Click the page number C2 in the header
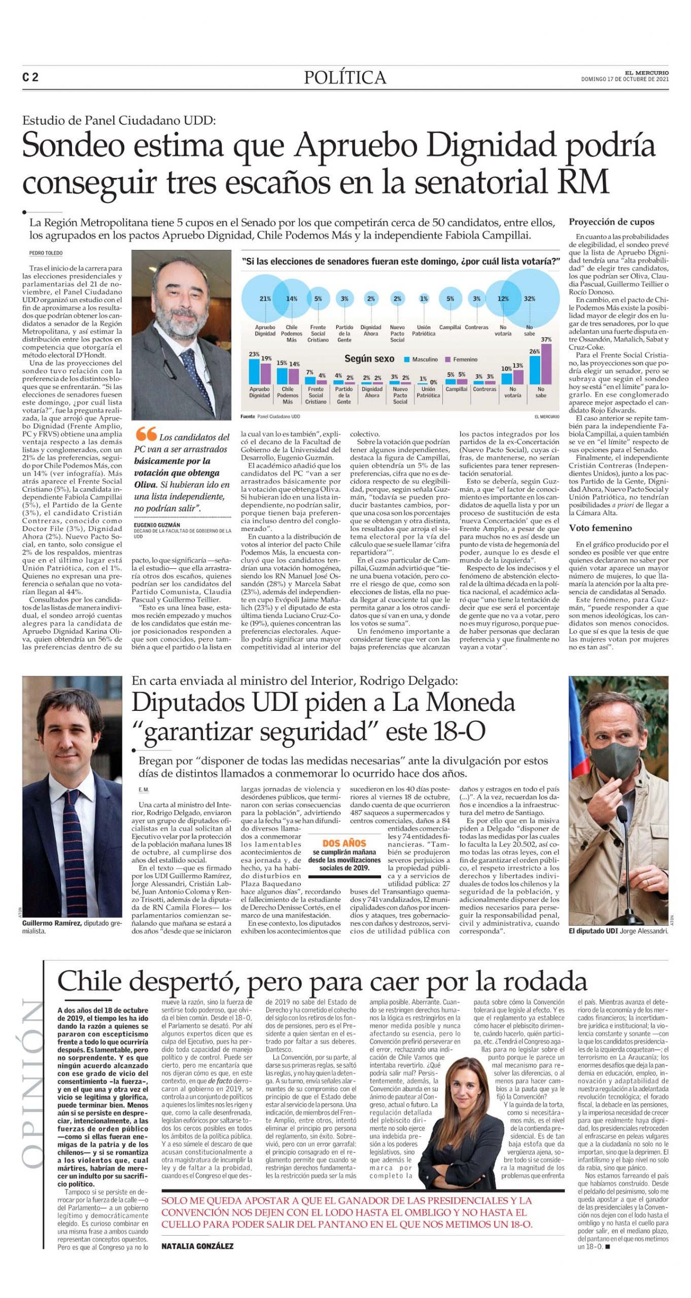click(30, 77)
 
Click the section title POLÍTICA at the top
click(345, 77)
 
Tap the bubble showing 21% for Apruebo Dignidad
click(265, 299)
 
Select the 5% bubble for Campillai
click(450, 299)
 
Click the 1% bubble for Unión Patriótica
click(424, 299)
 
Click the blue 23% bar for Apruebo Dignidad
click(254, 371)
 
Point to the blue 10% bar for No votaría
click(506, 378)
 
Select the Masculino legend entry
click(421, 359)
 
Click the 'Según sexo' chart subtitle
click(369, 358)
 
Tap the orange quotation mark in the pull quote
click(146, 434)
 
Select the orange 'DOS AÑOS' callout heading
click(344, 843)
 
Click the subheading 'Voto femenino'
click(600, 528)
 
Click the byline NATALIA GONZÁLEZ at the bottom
click(197, 1246)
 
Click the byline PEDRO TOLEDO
click(46, 253)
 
